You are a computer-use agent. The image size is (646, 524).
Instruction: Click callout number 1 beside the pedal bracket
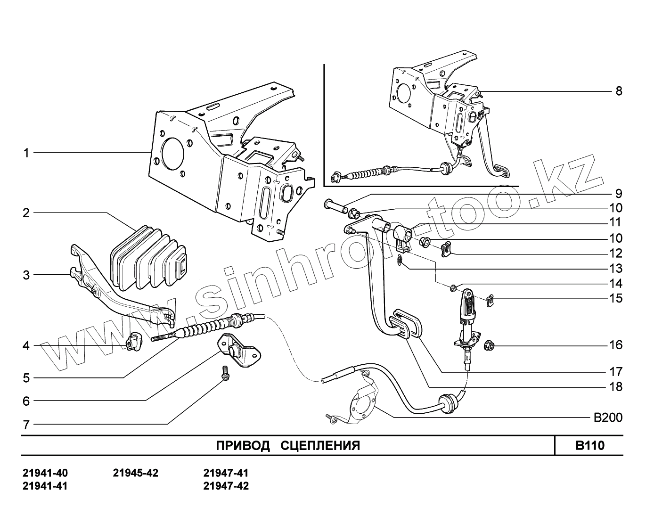[26, 153]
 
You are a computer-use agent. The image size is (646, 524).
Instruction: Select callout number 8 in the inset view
[619, 91]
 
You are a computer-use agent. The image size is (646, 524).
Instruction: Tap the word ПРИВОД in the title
[243, 446]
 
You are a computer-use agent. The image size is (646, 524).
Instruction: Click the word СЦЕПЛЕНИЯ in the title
[320, 446]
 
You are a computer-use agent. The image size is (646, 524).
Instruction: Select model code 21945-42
[136, 473]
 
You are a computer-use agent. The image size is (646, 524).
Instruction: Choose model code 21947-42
[226, 486]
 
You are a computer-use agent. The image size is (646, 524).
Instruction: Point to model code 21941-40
[45, 473]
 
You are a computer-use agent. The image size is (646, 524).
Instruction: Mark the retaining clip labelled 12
[445, 248]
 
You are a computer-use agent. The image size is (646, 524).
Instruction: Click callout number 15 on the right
[615, 298]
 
